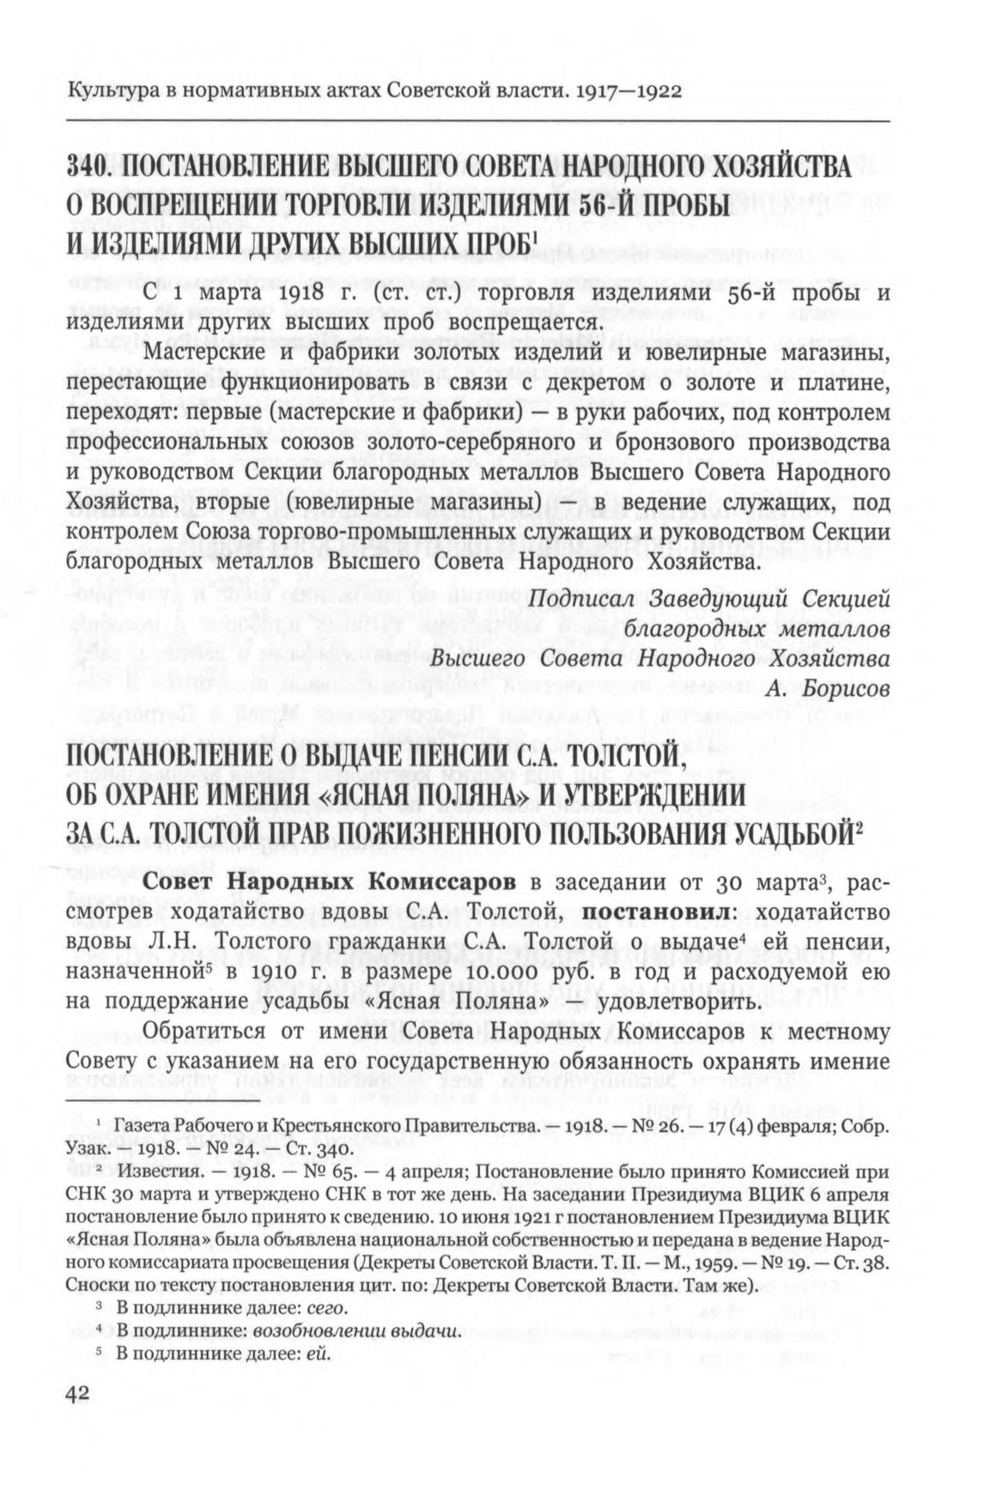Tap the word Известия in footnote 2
(x=151, y=1172)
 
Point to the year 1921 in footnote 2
(x=476, y=1217)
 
